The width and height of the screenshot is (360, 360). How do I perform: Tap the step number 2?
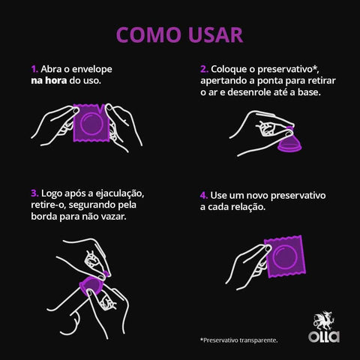pos(204,68)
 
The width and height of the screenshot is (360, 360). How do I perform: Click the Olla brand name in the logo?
pos(324,335)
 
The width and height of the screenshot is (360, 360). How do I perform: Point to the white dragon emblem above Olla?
pos(324,319)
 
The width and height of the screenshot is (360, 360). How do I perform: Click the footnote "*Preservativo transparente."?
pos(238,340)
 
